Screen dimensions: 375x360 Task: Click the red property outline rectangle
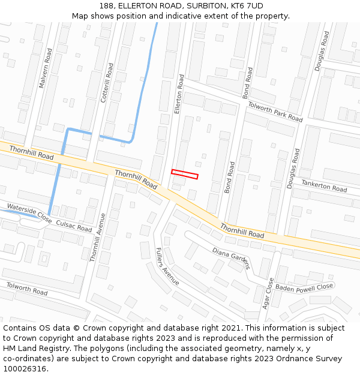(185, 174)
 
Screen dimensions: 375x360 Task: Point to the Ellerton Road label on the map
(178, 94)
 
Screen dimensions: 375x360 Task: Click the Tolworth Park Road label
(275, 111)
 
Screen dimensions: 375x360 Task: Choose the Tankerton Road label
(324, 186)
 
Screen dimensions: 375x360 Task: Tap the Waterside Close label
(29, 212)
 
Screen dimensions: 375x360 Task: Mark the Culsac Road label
(74, 226)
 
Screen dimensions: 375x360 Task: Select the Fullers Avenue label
(167, 266)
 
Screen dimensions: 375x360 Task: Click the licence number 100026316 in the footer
(25, 369)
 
